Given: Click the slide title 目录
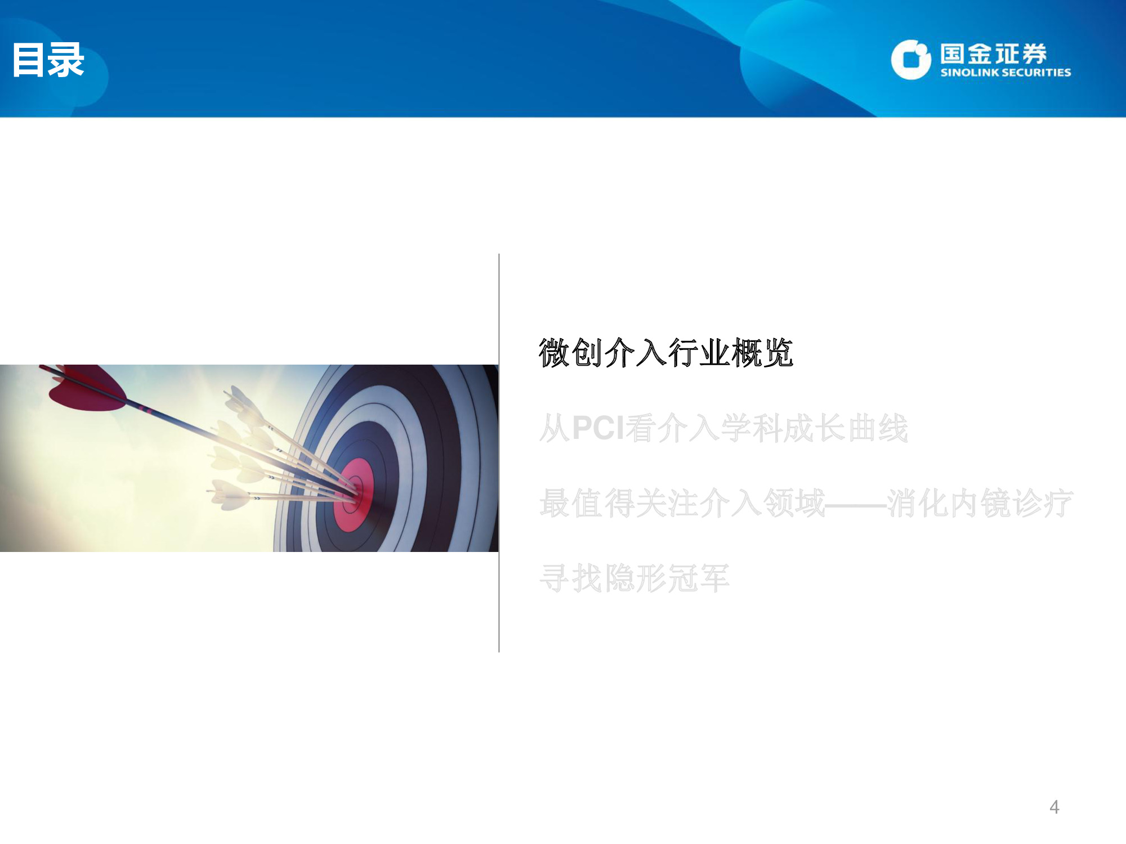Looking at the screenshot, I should tap(48, 60).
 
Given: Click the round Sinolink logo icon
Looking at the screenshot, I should tap(910, 60).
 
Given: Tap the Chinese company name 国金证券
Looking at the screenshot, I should tap(993, 54).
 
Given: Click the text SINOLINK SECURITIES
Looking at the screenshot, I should tap(1006, 73).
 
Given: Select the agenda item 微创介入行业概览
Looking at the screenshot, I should tap(665, 353).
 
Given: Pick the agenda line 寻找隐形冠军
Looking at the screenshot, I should tap(634, 578).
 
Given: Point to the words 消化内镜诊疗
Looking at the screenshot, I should tap(980, 503).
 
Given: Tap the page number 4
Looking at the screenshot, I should tap(1054, 807).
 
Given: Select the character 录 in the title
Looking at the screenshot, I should tap(66, 60).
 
